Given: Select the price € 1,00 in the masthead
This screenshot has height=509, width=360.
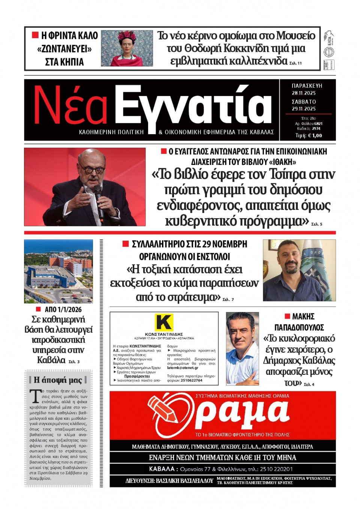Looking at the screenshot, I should click(x=315, y=136).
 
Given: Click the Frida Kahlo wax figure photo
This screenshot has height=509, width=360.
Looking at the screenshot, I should click(x=127, y=48).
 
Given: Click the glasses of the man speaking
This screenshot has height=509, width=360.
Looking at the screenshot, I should click(x=91, y=169).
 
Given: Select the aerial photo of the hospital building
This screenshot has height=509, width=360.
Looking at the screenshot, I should click(x=58, y=271).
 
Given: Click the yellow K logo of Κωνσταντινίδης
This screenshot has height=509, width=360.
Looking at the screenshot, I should click(x=164, y=322).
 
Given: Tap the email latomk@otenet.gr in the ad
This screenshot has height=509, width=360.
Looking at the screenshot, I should click(x=183, y=368).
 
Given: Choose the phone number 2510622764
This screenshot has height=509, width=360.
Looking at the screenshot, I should click(x=191, y=380).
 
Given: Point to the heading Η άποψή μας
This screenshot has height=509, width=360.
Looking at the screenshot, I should click(x=58, y=380).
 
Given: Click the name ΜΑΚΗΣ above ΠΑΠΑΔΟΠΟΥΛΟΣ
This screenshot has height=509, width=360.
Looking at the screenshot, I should click(x=303, y=317).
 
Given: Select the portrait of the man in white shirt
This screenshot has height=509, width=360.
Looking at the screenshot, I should click(x=242, y=349).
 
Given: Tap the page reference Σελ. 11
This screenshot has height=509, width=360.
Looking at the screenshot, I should click(x=295, y=63).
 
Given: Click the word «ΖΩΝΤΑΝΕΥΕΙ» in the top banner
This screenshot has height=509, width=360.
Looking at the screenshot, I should click(x=64, y=49).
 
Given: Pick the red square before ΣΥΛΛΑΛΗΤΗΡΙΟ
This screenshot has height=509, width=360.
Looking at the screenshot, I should click(x=126, y=244).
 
